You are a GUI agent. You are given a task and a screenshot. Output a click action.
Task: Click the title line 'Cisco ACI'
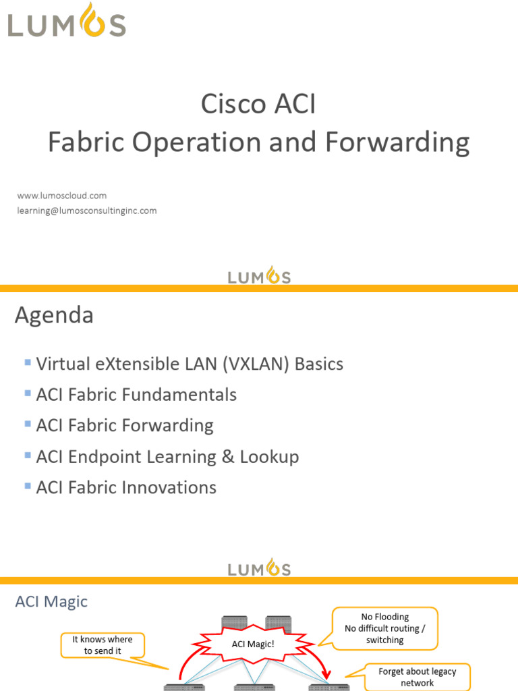(258, 105)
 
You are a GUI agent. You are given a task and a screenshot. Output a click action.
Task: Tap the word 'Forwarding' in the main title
(397, 142)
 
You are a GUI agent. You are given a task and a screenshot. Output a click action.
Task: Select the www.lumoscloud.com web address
(62, 196)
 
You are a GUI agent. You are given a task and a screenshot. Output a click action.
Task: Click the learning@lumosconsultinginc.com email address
(87, 211)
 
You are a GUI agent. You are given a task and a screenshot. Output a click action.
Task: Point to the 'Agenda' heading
(54, 315)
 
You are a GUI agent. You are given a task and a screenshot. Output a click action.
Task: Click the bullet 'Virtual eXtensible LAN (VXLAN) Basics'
(190, 364)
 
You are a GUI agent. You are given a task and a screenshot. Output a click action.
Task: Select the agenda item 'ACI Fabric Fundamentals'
(136, 395)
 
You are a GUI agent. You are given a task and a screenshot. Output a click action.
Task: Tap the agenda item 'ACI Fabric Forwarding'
(125, 426)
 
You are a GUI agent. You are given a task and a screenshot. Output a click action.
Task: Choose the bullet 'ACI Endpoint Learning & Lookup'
(167, 457)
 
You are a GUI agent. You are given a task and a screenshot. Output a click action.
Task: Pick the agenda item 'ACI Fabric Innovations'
(126, 488)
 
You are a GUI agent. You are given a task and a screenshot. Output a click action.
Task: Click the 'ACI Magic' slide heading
(51, 601)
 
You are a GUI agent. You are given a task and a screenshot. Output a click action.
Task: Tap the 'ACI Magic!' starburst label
(253, 644)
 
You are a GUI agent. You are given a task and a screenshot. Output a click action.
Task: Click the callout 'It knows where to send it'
(103, 644)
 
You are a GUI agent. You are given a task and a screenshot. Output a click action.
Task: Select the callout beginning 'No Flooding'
(384, 628)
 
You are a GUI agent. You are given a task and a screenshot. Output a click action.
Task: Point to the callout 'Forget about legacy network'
(417, 677)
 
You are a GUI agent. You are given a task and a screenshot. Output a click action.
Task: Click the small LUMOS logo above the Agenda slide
(259, 275)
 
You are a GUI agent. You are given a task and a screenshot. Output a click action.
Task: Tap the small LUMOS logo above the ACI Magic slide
(259, 568)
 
